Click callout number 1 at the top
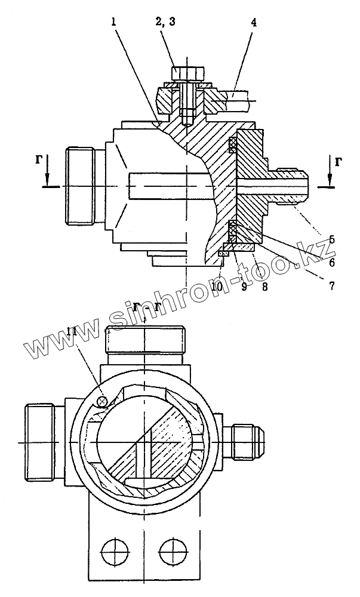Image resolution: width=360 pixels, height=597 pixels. (113, 22)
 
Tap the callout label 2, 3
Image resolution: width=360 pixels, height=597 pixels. (165, 21)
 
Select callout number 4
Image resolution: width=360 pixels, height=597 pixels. (254, 22)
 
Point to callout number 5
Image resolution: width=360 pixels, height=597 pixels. (332, 239)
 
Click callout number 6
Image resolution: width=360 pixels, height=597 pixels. (332, 262)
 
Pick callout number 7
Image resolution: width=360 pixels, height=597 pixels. (332, 285)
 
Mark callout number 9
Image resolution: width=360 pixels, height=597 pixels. (244, 287)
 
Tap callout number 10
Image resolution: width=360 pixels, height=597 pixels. (217, 287)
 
